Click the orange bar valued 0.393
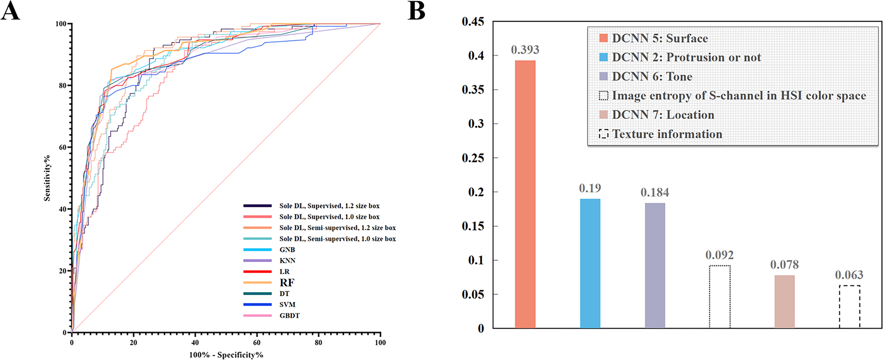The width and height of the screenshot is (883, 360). pyautogui.click(x=525, y=194)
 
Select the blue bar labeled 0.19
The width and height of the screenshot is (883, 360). pyautogui.click(x=590, y=263)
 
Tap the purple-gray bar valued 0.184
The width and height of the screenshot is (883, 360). pyautogui.click(x=655, y=265)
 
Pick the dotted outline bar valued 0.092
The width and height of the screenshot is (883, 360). pyautogui.click(x=719, y=297)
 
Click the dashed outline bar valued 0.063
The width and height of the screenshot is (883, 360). pyautogui.click(x=849, y=307)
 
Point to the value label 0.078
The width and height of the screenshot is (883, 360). pyautogui.click(x=784, y=265)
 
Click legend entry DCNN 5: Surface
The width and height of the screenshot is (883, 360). pyautogui.click(x=659, y=38)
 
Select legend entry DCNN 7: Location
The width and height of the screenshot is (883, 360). pyautogui.click(x=662, y=115)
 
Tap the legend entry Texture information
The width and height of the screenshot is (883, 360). pyautogui.click(x=667, y=134)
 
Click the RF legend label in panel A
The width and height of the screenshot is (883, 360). pyautogui.click(x=287, y=282)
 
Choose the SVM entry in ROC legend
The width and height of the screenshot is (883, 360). pyautogui.click(x=287, y=305)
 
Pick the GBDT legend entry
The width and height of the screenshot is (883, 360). pyautogui.click(x=289, y=316)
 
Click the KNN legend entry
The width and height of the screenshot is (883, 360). pyautogui.click(x=287, y=260)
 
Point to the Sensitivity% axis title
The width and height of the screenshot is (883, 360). pyautogui.click(x=47, y=178)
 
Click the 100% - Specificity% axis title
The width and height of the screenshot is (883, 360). pyautogui.click(x=226, y=355)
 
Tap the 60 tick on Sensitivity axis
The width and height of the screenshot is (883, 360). pyautogui.click(x=62, y=147)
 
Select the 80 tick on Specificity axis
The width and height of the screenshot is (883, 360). pyautogui.click(x=318, y=343)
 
